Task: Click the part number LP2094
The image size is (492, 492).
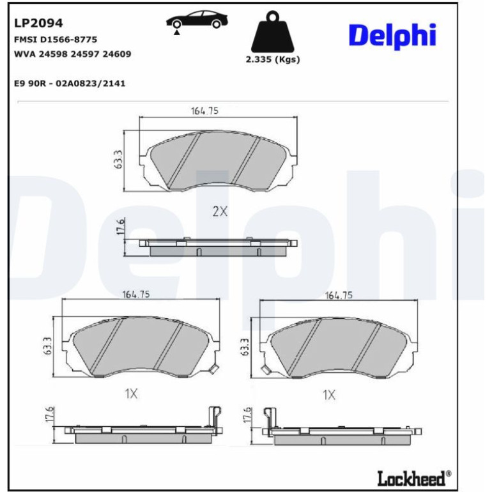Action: [38, 23]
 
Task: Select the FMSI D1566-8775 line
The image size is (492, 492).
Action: [56, 40]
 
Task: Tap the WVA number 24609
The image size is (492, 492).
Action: [117, 54]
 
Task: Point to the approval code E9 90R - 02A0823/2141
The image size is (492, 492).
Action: [70, 84]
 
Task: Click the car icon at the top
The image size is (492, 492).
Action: [197, 21]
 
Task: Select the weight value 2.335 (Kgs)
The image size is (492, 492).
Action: [273, 59]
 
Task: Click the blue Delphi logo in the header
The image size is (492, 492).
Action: [392, 35]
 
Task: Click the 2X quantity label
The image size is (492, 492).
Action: [220, 211]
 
